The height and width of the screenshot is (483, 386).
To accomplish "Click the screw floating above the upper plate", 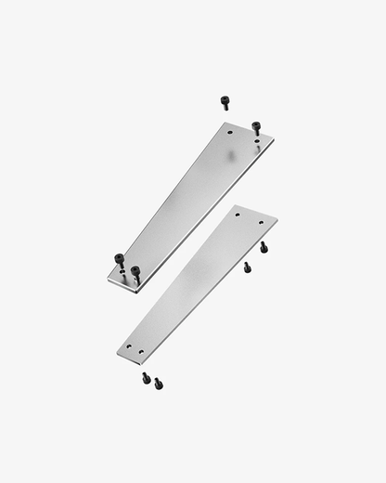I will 225,101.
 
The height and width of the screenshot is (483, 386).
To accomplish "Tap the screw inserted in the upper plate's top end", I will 256,127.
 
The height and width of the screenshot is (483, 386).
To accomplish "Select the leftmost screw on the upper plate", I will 120,261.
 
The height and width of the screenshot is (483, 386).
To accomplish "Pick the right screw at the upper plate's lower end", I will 135,273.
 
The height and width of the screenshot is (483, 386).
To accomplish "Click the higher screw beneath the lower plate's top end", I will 263,247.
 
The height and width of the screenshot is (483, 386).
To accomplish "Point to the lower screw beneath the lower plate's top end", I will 247,268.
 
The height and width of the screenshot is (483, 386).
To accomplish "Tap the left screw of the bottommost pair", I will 146,377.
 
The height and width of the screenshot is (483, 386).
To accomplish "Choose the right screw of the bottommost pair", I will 158,383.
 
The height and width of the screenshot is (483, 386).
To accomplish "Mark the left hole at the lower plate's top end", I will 238,214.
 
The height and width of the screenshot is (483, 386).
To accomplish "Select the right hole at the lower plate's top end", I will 261,223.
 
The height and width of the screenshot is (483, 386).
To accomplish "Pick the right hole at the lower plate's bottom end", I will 140,352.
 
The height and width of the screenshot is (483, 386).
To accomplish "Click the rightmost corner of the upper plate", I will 274,140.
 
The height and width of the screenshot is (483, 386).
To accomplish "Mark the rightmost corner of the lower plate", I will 277,221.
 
